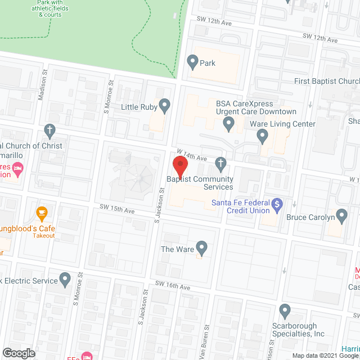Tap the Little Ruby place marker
click(x=164, y=105)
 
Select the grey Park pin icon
click(x=193, y=61)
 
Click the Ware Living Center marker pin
click(x=262, y=135)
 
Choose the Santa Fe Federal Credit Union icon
click(x=276, y=205)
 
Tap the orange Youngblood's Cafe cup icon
click(x=41, y=213)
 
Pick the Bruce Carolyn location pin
click(x=341, y=215)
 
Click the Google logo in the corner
click(x=18, y=353)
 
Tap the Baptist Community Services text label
click(x=200, y=183)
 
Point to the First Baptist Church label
click(x=327, y=82)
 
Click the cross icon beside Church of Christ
click(x=49, y=130)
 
